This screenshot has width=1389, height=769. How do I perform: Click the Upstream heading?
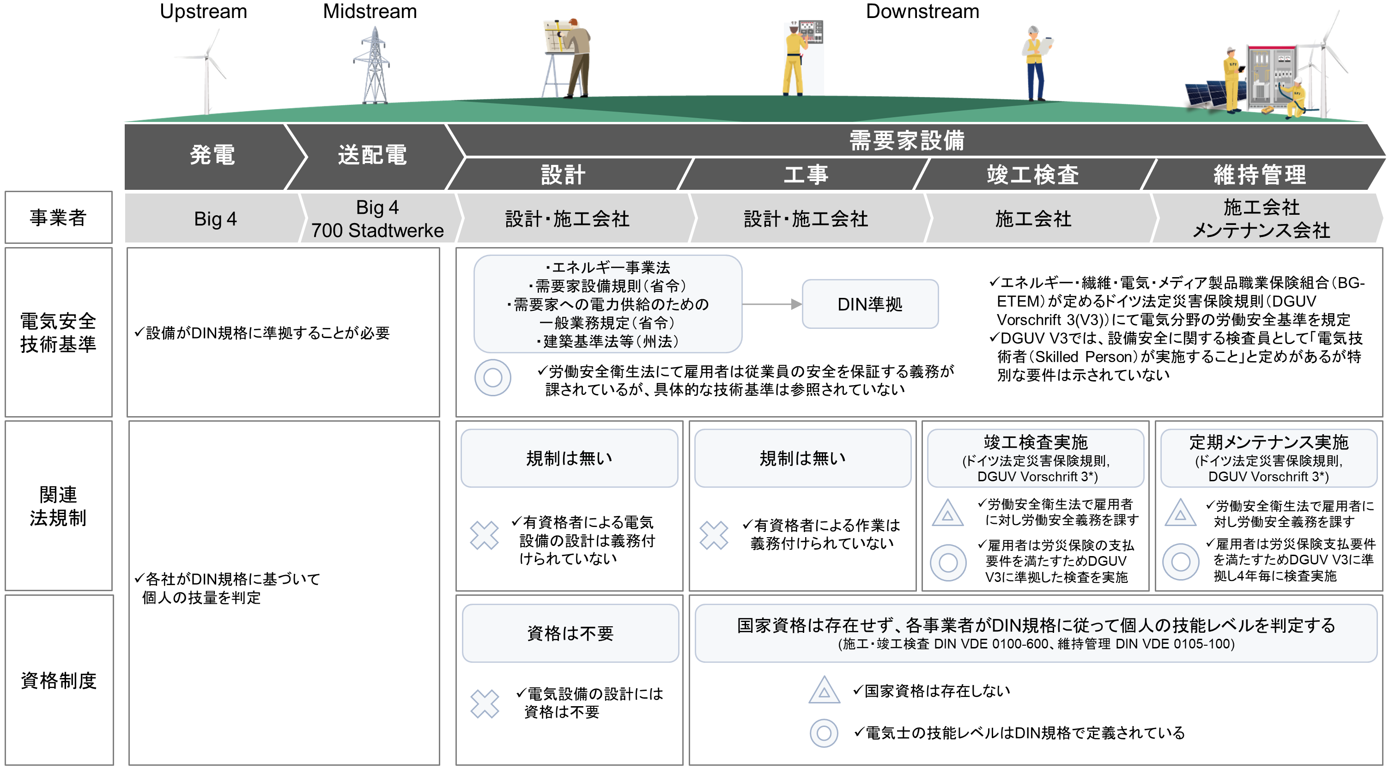[x=203, y=12]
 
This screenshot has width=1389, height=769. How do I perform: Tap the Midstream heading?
[x=370, y=12]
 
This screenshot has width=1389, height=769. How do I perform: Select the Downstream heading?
[x=922, y=12]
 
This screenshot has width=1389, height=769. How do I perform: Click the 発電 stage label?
[x=212, y=155]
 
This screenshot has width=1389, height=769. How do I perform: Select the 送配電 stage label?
[x=372, y=155]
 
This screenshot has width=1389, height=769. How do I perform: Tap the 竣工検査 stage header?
[x=1032, y=175]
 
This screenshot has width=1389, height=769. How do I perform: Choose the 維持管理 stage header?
[x=1260, y=175]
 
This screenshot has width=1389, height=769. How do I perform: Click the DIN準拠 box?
[x=870, y=304]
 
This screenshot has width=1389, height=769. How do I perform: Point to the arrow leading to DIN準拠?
[x=771, y=304]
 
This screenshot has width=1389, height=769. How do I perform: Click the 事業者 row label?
[x=58, y=218]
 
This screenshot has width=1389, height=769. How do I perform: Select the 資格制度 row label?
[x=58, y=681]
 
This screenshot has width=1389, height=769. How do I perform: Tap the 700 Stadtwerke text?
[x=377, y=230]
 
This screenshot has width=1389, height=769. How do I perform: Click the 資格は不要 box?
[x=570, y=633]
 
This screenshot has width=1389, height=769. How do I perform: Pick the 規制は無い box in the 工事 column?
[x=802, y=458]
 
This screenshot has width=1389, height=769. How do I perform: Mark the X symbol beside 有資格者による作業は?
[x=714, y=535]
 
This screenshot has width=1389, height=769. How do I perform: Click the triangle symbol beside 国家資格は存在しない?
[x=824, y=690]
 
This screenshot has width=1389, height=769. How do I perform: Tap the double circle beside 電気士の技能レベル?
[x=824, y=733]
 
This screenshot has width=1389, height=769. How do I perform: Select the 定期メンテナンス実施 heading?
[x=1268, y=442]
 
